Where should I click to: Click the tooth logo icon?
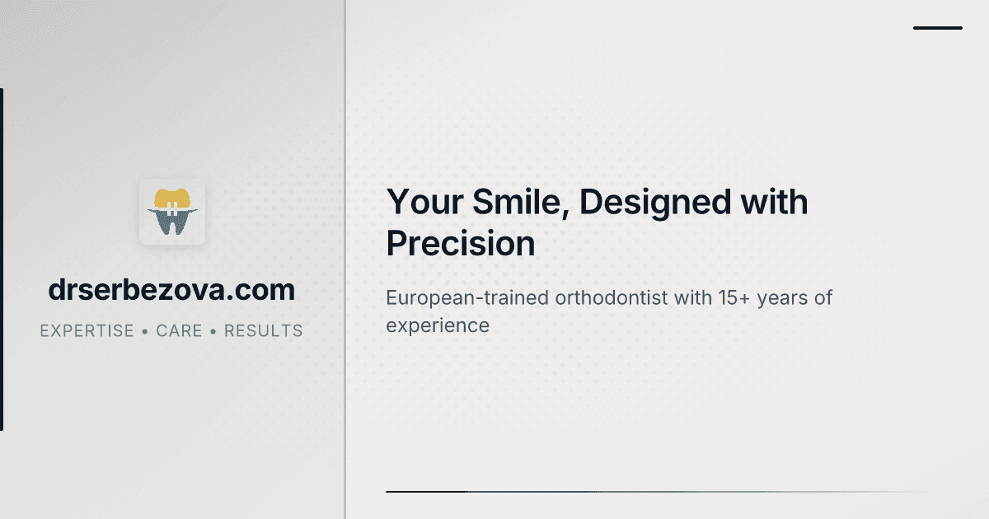coord(171,212)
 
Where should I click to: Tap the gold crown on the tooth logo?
coord(171,199)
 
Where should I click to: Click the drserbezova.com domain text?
coord(171,290)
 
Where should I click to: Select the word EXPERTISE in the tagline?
coord(87,331)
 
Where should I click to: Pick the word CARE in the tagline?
coord(179,331)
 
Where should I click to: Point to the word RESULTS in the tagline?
coord(264,331)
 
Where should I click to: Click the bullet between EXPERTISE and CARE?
coord(145,331)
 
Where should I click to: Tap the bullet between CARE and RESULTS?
coord(213,331)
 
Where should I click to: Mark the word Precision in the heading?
coord(461,244)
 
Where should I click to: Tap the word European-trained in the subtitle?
coord(467,297)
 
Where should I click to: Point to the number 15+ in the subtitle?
coord(723,297)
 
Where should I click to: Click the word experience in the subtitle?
coord(438,325)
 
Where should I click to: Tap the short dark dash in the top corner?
coord(938,28)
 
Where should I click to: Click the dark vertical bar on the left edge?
coord(2,259)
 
